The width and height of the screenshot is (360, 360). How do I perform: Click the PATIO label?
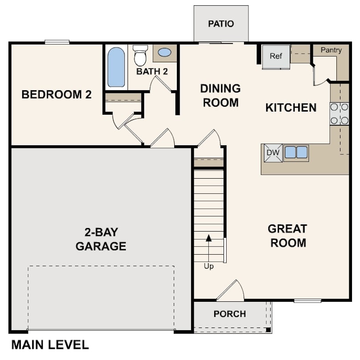click(x=221, y=24)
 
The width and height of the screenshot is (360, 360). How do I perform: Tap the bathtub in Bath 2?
click(x=116, y=67)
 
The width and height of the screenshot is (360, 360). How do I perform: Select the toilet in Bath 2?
click(x=140, y=56)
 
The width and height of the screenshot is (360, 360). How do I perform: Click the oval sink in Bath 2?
click(x=164, y=52)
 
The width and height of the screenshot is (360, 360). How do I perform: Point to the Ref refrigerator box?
click(x=276, y=56)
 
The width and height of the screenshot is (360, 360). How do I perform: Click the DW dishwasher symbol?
click(x=272, y=152)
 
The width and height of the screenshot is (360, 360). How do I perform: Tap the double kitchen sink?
click(x=296, y=152)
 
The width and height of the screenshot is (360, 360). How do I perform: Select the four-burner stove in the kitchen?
click(x=339, y=113)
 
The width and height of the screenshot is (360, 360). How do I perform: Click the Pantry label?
click(x=331, y=50)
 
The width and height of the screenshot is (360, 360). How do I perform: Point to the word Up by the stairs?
click(x=208, y=267)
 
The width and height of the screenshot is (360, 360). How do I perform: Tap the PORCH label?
click(x=229, y=314)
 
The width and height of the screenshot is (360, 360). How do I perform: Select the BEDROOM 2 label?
click(x=56, y=94)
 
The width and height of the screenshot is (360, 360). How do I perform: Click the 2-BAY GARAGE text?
click(x=101, y=239)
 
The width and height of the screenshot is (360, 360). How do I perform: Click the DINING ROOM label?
click(x=220, y=95)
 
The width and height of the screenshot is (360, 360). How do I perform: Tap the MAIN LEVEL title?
click(x=50, y=344)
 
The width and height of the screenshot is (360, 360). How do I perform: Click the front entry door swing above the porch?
click(x=232, y=291)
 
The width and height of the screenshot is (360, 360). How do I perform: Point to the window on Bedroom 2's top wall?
click(x=57, y=42)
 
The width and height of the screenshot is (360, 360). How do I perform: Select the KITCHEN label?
click(x=291, y=108)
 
